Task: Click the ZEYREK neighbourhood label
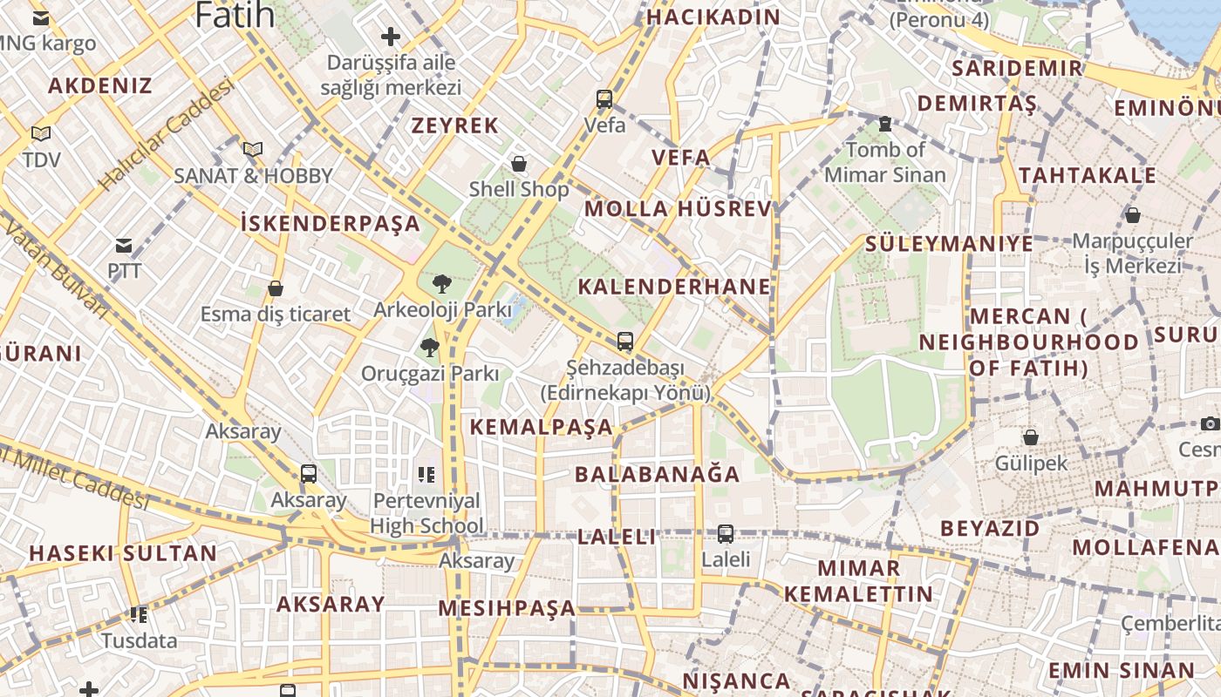tap(455, 125)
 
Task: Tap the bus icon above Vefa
tap(604, 99)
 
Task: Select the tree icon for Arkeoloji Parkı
tap(442, 283)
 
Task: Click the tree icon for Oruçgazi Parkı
tap(429, 348)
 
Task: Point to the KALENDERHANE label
tap(674, 287)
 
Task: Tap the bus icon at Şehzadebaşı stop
tap(624, 341)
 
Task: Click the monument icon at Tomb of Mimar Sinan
tap(885, 124)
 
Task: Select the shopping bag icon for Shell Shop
tap(519, 163)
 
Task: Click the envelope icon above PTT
tap(124, 246)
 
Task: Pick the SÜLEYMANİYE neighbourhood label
tap(949, 243)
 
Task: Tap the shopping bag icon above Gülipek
tap(1031, 436)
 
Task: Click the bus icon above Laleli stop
tap(726, 533)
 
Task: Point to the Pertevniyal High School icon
tap(426, 475)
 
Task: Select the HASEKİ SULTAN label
tap(123, 553)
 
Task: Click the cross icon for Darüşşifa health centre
tap(391, 37)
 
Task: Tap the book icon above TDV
tap(41, 133)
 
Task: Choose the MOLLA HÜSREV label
tap(678, 209)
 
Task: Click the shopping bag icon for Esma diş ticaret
tap(276, 288)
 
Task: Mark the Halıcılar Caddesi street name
tap(167, 135)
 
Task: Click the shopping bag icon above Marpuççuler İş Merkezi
tap(1133, 214)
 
